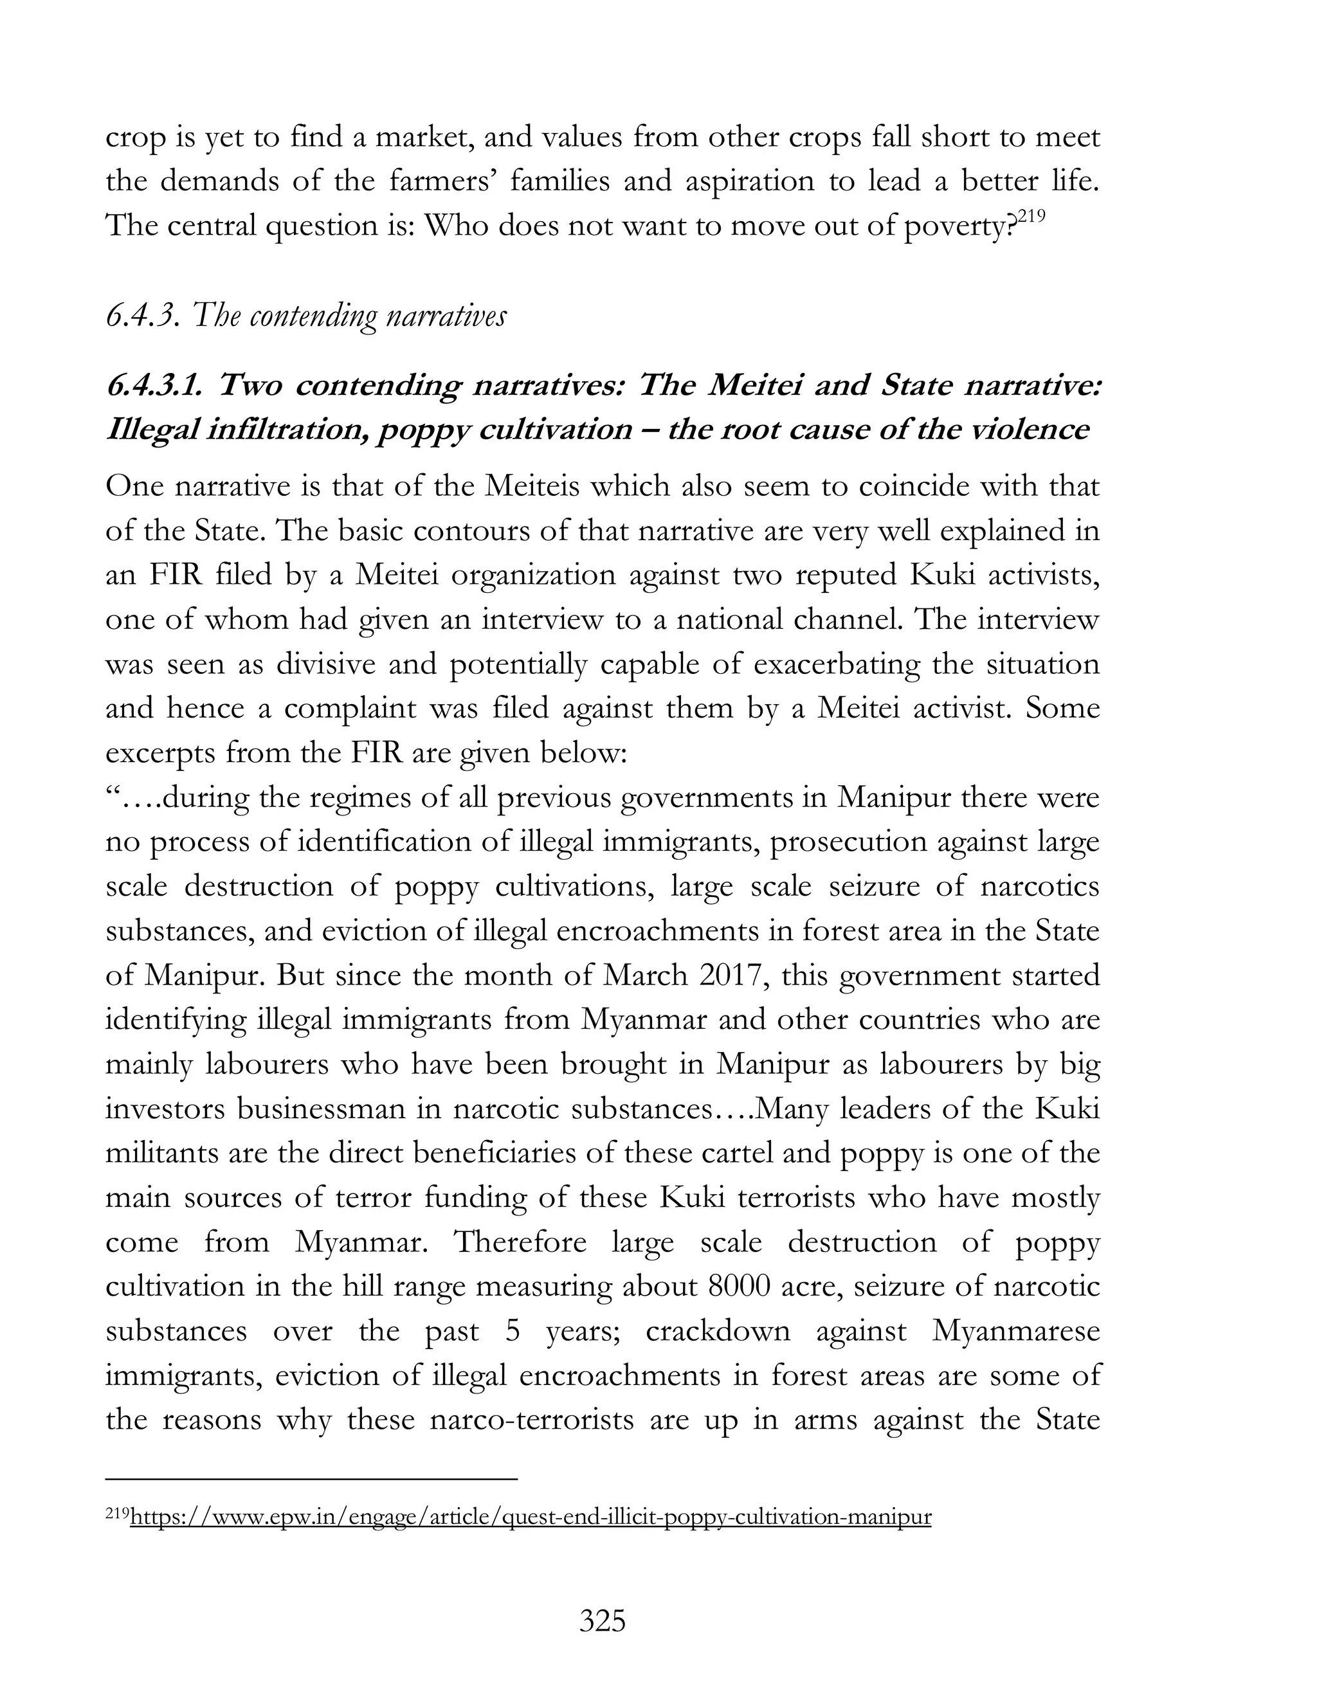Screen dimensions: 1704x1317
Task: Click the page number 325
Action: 603,1620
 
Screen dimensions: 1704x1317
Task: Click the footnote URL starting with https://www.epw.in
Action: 531,1517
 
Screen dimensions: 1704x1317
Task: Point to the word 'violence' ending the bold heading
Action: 1033,430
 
